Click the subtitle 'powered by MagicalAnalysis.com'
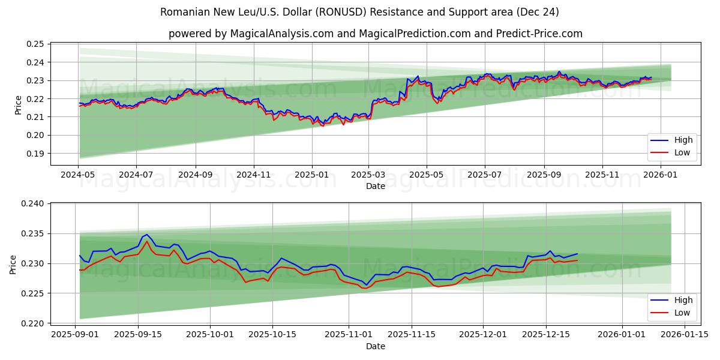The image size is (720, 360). [x=250, y=34]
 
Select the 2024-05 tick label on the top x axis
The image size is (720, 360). [x=78, y=175]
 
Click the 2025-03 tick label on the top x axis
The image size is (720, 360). [x=368, y=175]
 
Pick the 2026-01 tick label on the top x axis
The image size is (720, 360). [x=660, y=175]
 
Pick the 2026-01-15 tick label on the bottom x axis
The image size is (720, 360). [x=685, y=335]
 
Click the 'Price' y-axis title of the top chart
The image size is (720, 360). [x=18, y=104]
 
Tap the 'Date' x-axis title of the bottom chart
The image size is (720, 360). [x=376, y=346]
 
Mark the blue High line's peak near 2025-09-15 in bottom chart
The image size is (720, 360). [x=146, y=235]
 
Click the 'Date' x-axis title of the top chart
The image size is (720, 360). [x=376, y=186]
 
